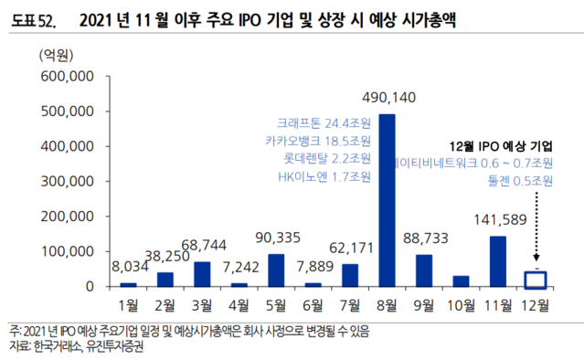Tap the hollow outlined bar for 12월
click(x=536, y=279)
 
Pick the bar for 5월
click(x=276, y=270)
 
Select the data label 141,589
click(x=498, y=219)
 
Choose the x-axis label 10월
click(x=462, y=303)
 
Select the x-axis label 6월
click(x=313, y=303)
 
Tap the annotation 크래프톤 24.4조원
click(x=324, y=123)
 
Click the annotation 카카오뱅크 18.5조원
click(x=324, y=140)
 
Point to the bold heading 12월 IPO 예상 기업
click(x=503, y=146)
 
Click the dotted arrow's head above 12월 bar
click(x=536, y=264)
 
